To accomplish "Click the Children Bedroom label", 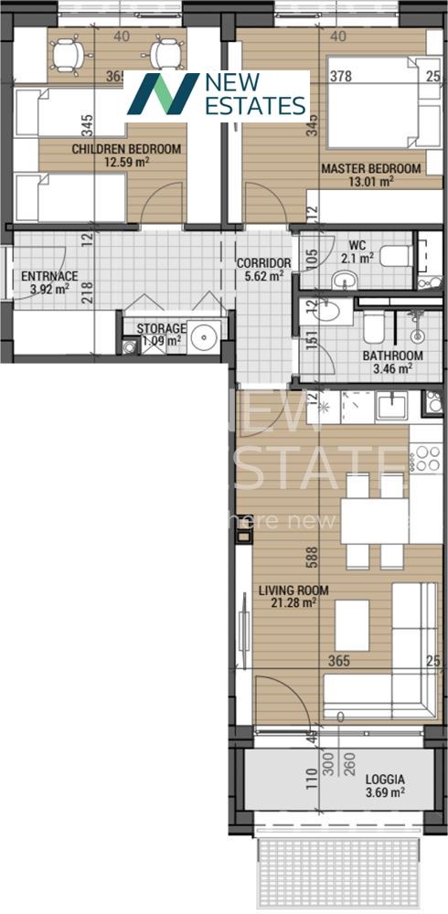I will pos(126,149).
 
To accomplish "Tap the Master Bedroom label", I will pos(370,168).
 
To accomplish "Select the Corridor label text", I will pos(263,262).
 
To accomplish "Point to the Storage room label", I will pos(161,329).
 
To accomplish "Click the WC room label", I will pos(357,245).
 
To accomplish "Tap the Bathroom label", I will pos(392,356).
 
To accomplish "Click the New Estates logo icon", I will pos(162,94).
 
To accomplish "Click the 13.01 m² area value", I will pos(370,181).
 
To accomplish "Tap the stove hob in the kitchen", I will pos(425,457).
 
